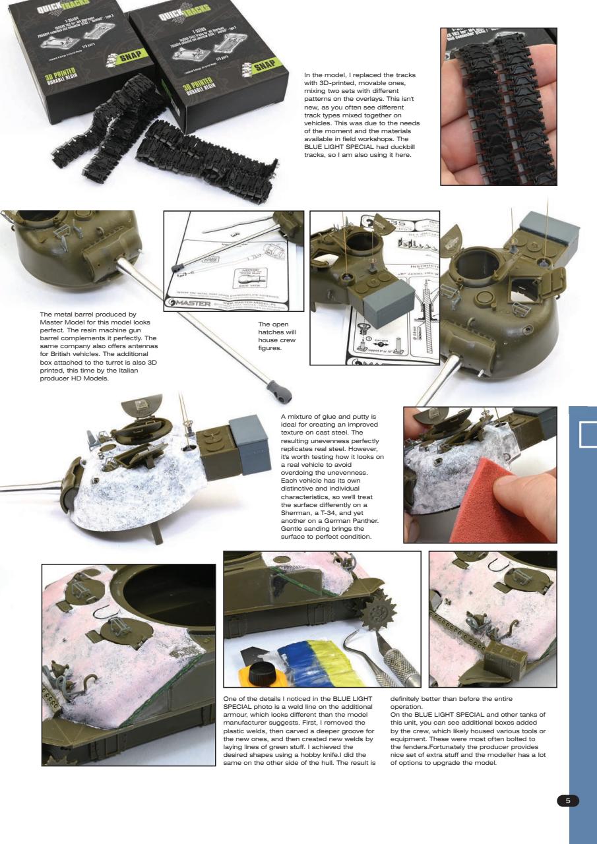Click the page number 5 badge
point(568,800)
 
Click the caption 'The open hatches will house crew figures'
point(274,336)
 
